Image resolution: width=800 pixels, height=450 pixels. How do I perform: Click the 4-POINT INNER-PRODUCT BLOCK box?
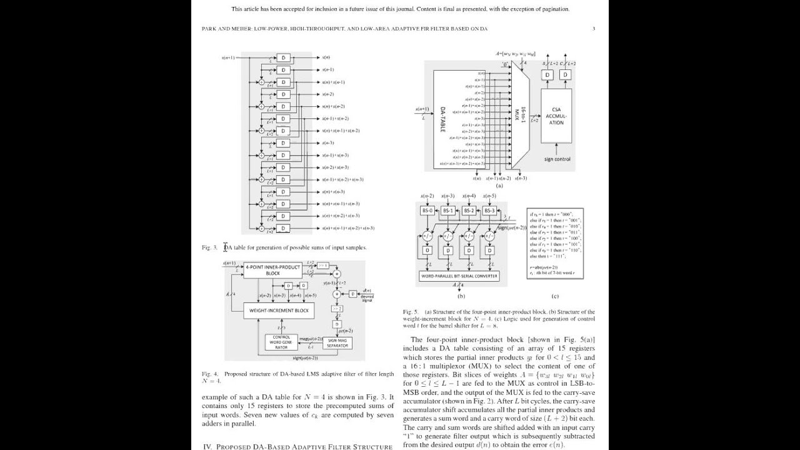tap(272, 270)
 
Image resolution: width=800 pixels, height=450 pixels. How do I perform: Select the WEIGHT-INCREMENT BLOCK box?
tap(279, 311)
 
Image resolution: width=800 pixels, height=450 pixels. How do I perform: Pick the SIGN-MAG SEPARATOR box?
tap(337, 342)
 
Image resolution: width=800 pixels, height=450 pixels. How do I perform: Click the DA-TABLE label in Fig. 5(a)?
tap(442, 118)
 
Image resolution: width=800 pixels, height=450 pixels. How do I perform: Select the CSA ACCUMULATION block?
tap(556, 116)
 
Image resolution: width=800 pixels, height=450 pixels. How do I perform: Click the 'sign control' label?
tap(557, 159)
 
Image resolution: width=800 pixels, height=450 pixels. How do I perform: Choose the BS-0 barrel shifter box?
tap(427, 211)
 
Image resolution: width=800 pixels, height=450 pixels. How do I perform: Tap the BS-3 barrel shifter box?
tap(489, 211)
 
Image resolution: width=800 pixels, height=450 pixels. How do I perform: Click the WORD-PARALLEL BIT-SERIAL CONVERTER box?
tap(459, 276)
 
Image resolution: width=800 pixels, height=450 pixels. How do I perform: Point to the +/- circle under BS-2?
tap(469, 236)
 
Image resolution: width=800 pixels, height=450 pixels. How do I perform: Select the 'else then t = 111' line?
tap(547, 256)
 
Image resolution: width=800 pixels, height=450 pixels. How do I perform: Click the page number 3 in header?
tap(594, 29)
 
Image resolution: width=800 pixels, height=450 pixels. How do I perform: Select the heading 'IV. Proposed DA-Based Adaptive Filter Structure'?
tap(297, 447)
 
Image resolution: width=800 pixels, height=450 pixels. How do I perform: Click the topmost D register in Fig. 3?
tap(284, 57)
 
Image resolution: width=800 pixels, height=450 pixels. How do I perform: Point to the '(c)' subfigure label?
tap(554, 296)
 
